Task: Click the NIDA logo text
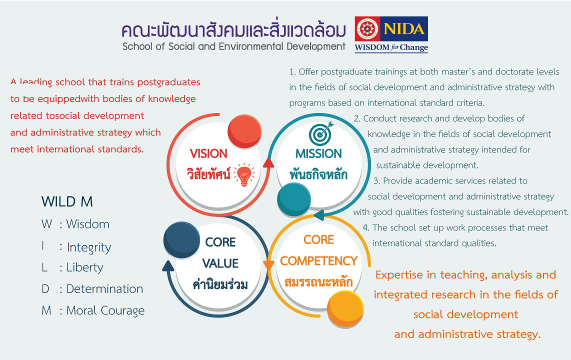(404, 29)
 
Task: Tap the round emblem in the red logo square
(367, 29)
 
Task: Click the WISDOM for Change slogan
(391, 47)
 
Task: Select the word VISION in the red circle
(208, 153)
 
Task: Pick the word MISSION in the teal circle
(318, 153)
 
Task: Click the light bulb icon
(244, 174)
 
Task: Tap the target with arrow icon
(321, 133)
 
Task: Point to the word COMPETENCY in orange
(318, 261)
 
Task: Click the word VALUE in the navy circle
(220, 263)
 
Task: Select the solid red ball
(244, 131)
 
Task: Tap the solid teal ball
(294, 199)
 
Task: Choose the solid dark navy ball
(181, 240)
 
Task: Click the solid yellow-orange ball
(345, 309)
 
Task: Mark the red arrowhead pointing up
(268, 162)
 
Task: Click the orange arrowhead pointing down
(268, 265)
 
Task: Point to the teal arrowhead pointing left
(319, 215)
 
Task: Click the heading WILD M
(67, 201)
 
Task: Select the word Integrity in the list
(89, 247)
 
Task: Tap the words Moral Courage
(105, 310)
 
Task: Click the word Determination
(104, 289)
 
